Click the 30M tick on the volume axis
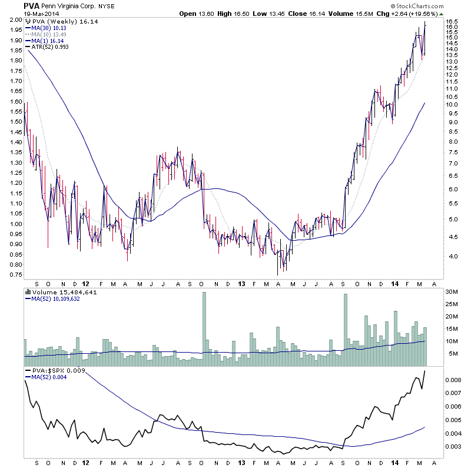452,292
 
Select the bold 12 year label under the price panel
87,283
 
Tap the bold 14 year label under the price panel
394,283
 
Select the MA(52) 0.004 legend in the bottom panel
49,377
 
